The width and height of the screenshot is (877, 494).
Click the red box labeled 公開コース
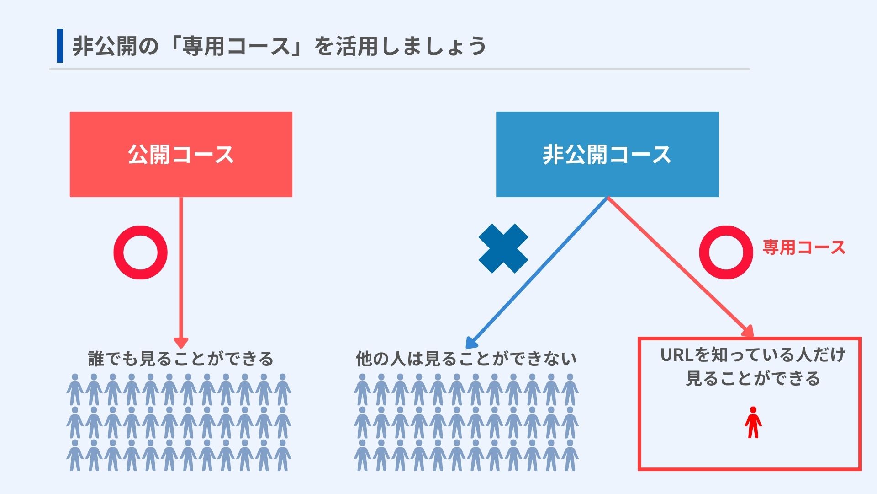[181, 154]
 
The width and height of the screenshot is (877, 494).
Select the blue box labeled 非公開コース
[607, 154]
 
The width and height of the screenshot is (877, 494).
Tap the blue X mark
[503, 248]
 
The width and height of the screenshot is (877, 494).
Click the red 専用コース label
[804, 247]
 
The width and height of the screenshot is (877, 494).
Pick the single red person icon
[753, 422]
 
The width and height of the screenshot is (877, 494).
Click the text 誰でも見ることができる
[181, 359]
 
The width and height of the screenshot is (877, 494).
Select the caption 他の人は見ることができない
[466, 359]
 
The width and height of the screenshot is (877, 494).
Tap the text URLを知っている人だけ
[753, 355]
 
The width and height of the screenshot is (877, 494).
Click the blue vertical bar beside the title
[60, 46]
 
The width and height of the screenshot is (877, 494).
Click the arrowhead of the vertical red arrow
[181, 343]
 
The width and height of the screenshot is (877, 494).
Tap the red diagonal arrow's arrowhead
[747, 331]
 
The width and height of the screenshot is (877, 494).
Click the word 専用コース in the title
[237, 46]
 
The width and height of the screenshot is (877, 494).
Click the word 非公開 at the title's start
[105, 46]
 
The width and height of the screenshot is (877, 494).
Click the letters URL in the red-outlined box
[678, 355]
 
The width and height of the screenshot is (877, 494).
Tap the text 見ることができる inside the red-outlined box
[753, 379]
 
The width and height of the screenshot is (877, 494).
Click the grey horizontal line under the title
[400, 69]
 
